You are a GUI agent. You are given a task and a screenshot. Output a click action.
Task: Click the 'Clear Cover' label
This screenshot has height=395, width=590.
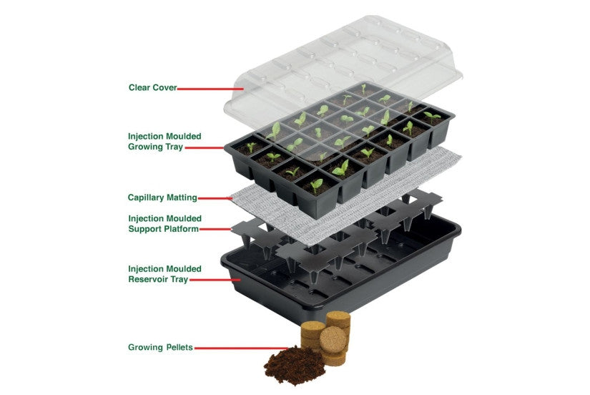click(x=152, y=88)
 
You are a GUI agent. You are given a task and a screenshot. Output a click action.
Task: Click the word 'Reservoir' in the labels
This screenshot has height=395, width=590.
click(x=149, y=280)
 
